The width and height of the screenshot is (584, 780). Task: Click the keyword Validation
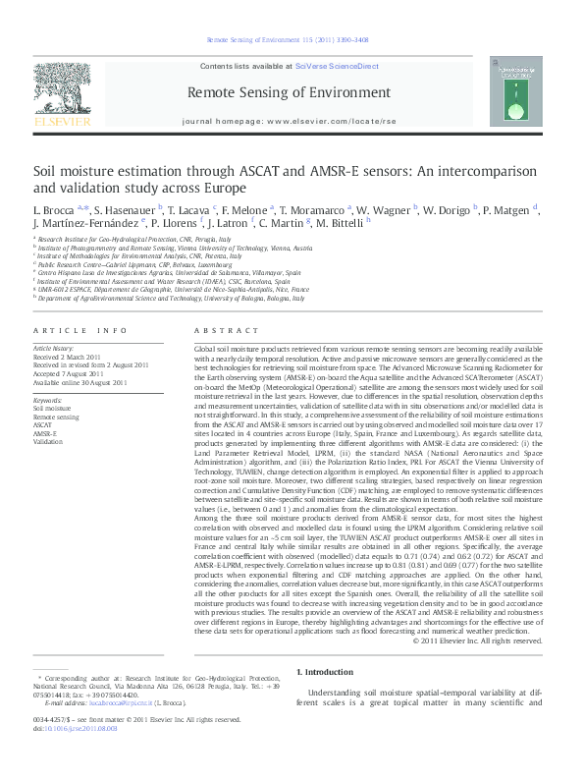point(48,441)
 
